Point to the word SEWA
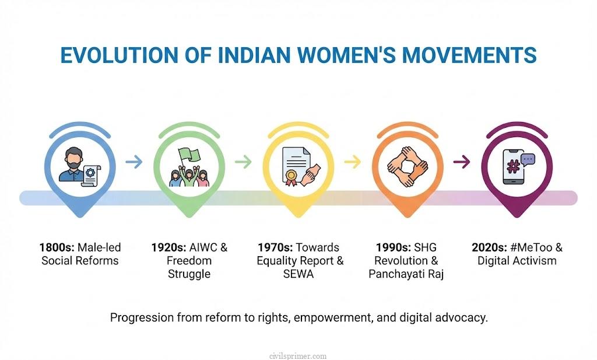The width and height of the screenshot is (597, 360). (x=297, y=274)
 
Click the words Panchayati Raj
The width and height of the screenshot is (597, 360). (x=406, y=274)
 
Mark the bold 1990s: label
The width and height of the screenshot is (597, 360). (x=391, y=247)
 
